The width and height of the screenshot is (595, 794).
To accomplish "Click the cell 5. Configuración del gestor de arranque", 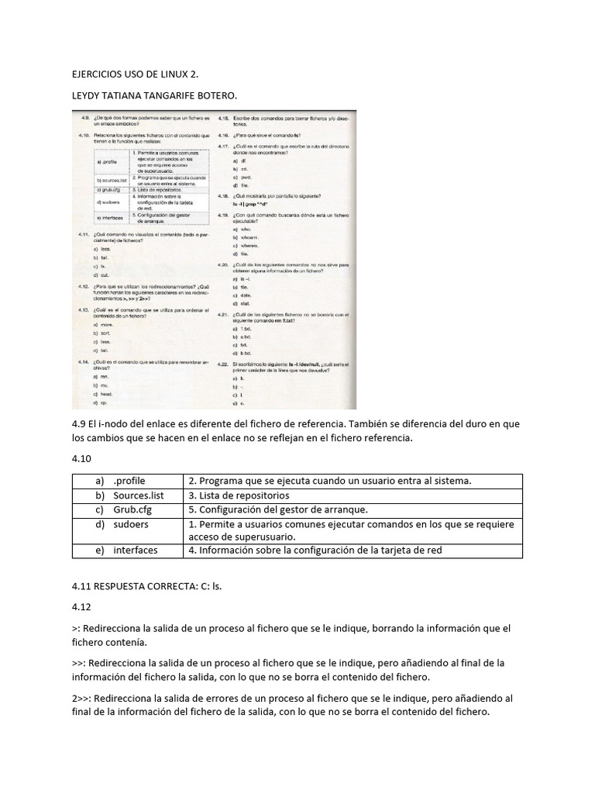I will [283, 509].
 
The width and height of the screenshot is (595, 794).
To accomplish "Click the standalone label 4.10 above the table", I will [81, 459].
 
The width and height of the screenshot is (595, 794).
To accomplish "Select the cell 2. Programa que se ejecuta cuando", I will [329, 481].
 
